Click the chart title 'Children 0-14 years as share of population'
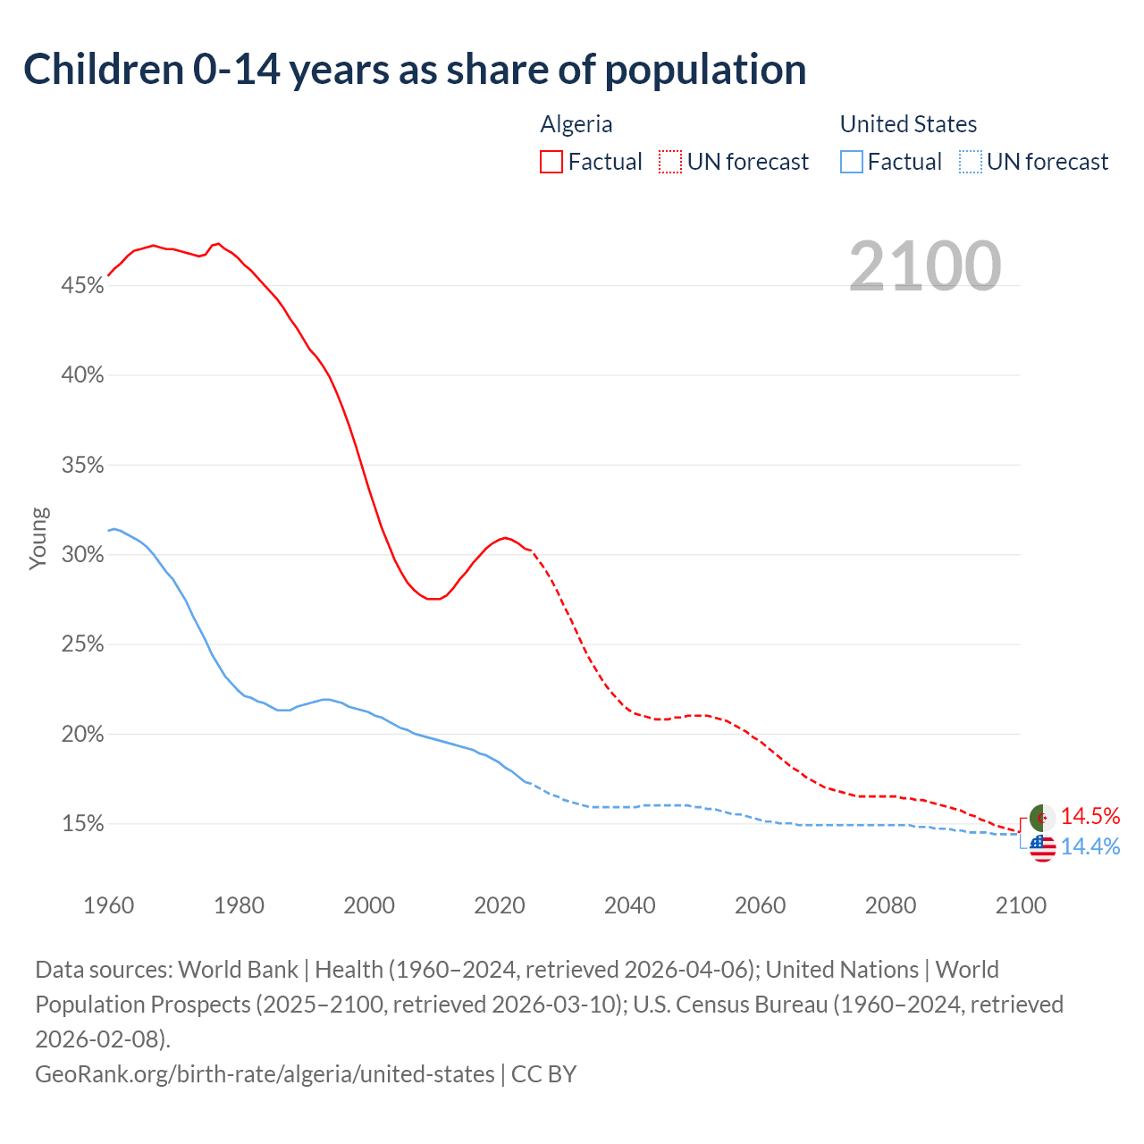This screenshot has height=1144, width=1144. click(415, 70)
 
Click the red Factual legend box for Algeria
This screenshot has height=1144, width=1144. click(551, 162)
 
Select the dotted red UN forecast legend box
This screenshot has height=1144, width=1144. click(670, 162)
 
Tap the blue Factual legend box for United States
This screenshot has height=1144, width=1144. click(852, 162)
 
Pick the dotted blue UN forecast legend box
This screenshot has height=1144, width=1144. click(971, 162)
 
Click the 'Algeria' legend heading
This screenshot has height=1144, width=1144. click(576, 124)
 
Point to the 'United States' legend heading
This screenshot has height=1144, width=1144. click(908, 124)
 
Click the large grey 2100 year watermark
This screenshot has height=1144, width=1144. click(924, 265)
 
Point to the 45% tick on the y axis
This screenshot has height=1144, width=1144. click(82, 286)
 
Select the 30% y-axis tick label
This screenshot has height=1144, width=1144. click(82, 555)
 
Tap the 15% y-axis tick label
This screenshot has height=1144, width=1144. click(82, 824)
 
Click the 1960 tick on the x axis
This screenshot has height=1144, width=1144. click(109, 905)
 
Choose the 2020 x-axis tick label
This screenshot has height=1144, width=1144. click(500, 905)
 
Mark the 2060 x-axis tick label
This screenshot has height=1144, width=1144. click(760, 905)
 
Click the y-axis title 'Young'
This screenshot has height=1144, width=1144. click(38, 538)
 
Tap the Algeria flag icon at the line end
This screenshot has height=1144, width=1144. click(1042, 817)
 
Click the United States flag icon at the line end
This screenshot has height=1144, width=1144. click(1042, 848)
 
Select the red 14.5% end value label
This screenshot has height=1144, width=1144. click(1090, 816)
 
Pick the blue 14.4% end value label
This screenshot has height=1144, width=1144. click(1090, 847)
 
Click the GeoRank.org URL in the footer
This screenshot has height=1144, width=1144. click(265, 1073)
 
